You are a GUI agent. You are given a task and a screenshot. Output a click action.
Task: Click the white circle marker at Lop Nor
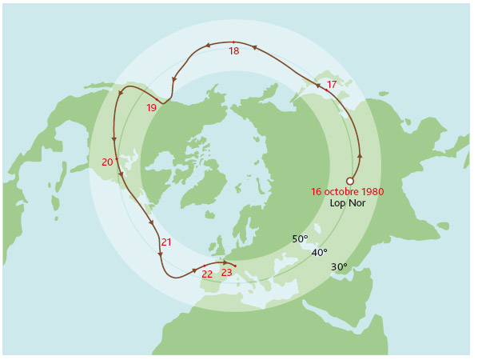[349, 182]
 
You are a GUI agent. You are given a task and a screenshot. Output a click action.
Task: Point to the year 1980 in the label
[372, 192]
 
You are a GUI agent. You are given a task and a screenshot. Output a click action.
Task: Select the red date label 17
[332, 84]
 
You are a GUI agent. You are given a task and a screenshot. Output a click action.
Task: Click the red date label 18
[233, 51]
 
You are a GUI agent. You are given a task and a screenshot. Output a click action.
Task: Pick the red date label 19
[151, 108]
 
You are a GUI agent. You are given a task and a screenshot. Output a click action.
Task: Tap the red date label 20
[107, 162]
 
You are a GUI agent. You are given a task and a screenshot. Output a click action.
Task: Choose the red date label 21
[166, 242]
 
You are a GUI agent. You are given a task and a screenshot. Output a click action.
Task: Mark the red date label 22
[207, 274]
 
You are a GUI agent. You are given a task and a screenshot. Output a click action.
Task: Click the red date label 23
[226, 273]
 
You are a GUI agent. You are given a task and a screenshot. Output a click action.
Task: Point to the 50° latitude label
[300, 239]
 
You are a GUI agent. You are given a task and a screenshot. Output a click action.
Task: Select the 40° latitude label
[319, 253]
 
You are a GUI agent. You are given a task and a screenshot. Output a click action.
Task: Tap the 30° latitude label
[339, 267]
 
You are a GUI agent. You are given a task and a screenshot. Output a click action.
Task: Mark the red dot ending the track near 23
[236, 265]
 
